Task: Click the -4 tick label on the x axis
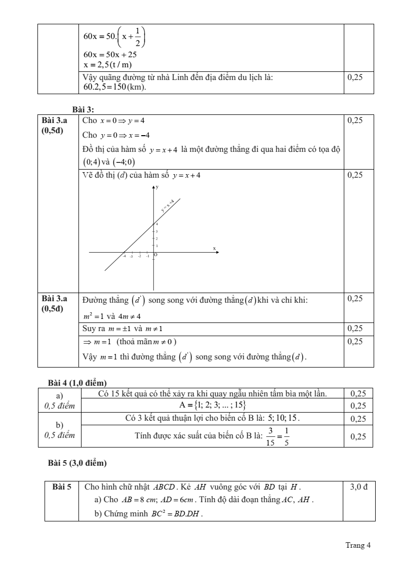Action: (x=124, y=257)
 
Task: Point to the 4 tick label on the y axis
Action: (x=157, y=224)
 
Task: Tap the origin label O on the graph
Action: (x=156, y=255)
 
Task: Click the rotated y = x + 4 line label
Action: (x=168, y=205)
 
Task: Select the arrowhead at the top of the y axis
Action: (x=154, y=187)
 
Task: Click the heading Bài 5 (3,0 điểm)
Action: (x=77, y=463)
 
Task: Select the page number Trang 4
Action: (x=358, y=545)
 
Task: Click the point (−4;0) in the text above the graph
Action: (x=124, y=162)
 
